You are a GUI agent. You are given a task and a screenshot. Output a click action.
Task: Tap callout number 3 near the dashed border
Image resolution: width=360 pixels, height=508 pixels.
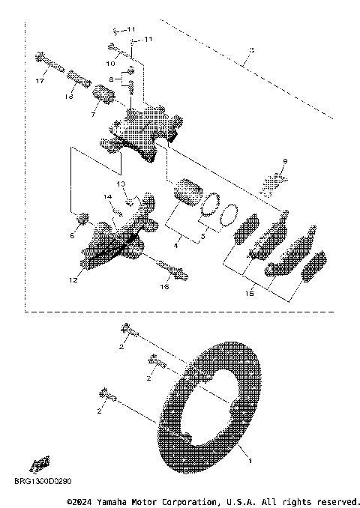(x=251, y=50)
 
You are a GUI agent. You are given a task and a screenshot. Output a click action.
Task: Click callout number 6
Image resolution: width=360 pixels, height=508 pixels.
(x=73, y=235)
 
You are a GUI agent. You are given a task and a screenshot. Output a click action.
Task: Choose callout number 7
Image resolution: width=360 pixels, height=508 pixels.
(x=93, y=114)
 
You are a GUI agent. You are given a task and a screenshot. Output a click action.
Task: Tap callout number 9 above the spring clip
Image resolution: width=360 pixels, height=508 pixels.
(x=285, y=161)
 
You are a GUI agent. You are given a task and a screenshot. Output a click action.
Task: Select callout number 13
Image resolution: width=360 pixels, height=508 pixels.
(x=120, y=183)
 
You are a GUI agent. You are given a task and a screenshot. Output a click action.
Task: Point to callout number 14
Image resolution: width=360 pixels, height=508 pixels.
(x=107, y=197)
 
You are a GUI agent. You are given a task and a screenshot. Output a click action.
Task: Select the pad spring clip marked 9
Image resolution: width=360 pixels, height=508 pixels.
(x=272, y=182)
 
